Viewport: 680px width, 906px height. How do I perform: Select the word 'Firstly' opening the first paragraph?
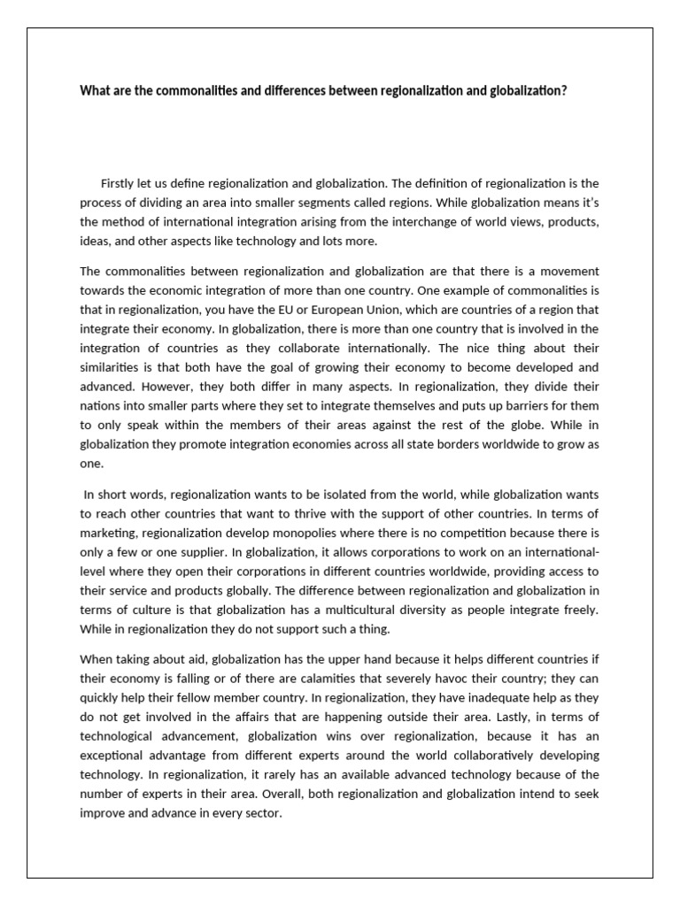(x=120, y=183)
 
